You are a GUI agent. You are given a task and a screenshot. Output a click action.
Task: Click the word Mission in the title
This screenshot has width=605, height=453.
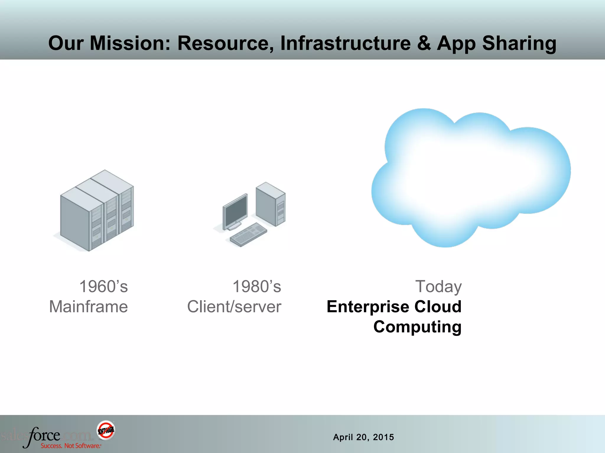pos(130,43)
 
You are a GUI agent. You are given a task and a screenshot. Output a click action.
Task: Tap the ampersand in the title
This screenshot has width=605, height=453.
pos(423,43)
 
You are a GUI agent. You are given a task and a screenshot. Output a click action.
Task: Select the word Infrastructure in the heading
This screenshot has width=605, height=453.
pos(345,43)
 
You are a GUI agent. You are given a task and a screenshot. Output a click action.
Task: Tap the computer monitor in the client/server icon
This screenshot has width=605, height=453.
pos(235,211)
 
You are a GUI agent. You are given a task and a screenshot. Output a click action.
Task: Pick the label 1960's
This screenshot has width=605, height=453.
pos(103,287)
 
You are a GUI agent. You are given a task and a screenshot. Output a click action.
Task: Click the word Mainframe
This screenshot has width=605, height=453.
pos(88,307)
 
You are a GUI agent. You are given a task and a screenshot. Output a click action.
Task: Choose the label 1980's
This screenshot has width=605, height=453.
pos(257,287)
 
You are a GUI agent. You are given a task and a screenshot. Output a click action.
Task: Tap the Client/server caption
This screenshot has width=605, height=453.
pos(234,307)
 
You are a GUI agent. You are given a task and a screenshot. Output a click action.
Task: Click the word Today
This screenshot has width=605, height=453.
pos(438,287)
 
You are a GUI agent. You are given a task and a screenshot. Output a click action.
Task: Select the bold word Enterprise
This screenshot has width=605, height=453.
pos(368,307)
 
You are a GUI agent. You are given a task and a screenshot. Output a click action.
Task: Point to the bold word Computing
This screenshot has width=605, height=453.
pos(417,327)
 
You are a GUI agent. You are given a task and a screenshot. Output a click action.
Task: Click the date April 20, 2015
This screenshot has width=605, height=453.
pos(363,437)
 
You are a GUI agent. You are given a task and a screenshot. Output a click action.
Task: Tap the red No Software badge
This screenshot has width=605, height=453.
pos(106,430)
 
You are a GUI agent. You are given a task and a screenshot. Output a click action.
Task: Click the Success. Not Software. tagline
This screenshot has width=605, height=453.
pos(71,446)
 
